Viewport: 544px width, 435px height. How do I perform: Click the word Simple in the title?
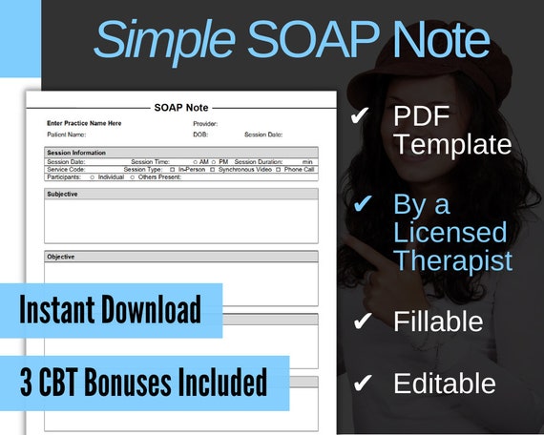coord(162,40)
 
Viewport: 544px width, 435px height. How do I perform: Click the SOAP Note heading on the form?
coord(181,108)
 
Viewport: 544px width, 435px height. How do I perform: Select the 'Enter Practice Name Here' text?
coord(84,123)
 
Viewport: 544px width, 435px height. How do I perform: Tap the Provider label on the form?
coord(205,123)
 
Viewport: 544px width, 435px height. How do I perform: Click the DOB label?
coord(200,135)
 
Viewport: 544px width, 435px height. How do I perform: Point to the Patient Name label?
coord(66,135)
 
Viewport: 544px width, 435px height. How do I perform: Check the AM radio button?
coord(195,161)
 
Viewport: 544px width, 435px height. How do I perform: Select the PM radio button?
coord(214,161)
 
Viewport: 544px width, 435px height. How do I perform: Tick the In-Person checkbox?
coord(172,169)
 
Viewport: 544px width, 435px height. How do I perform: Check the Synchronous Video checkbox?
coord(212,169)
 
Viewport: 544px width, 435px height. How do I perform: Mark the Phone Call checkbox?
coord(278,169)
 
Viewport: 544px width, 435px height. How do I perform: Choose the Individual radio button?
coord(92,176)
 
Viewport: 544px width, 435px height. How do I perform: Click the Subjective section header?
coord(63,194)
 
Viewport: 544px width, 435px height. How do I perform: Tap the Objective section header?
coord(61,257)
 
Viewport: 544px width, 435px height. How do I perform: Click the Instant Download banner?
coord(111,310)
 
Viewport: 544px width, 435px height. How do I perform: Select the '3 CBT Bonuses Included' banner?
coord(143,383)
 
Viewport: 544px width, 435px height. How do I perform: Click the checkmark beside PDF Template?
coord(361,116)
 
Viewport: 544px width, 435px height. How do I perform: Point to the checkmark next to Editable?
coord(361,383)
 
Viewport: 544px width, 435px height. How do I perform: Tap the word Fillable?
coord(437,321)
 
